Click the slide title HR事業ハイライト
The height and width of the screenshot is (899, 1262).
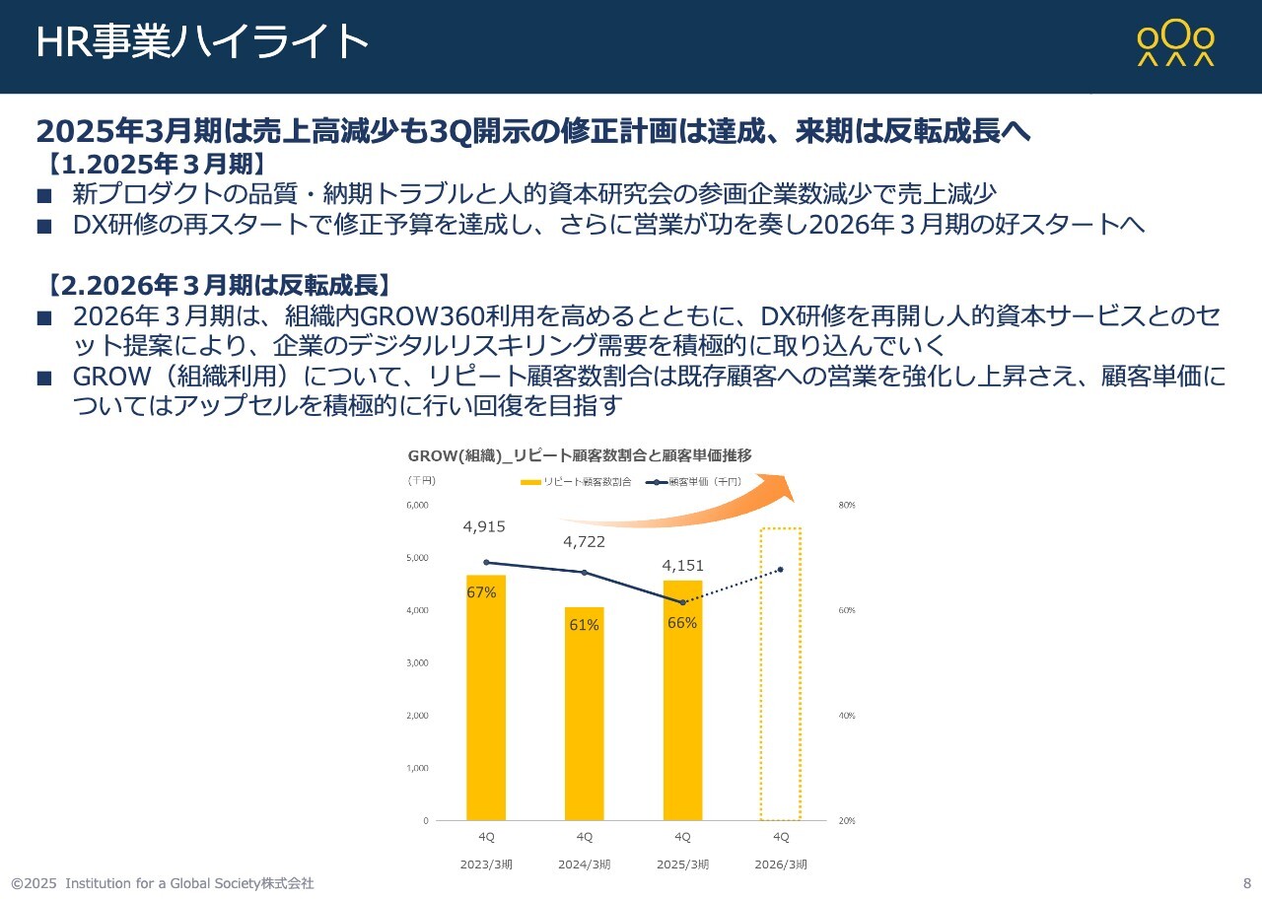coord(202,42)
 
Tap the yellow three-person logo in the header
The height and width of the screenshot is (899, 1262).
coord(1175,44)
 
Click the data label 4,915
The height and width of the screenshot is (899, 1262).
coord(484,527)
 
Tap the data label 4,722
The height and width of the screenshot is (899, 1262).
coord(584,541)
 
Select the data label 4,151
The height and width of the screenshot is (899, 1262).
coord(682,566)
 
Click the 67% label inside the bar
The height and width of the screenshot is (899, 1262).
coord(481,592)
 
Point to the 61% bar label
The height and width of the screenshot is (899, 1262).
coord(584,624)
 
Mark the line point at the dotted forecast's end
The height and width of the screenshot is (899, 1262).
coord(780,570)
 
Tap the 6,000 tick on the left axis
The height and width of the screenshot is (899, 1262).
coord(417,506)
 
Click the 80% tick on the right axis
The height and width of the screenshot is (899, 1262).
coord(846,506)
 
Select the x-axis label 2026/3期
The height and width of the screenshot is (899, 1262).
coord(781,864)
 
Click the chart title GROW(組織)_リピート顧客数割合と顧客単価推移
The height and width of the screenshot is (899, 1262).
coord(580,455)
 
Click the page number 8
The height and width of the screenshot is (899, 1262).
coord(1246,883)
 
